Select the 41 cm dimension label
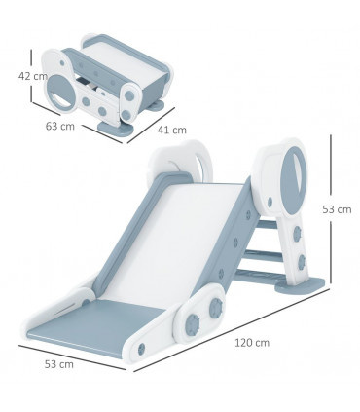click(172, 129)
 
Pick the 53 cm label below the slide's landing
click(59, 365)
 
